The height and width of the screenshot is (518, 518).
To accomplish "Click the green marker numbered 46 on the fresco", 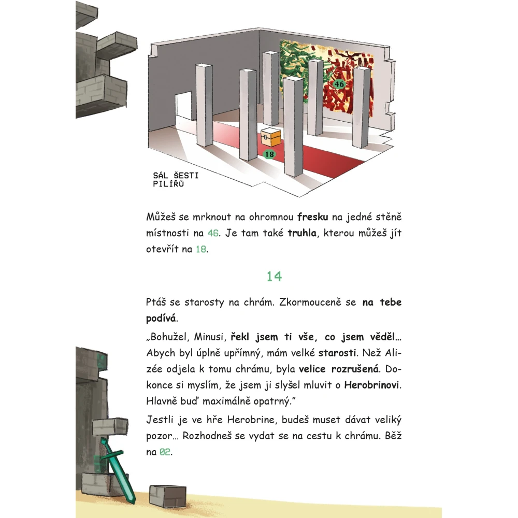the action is pos(339,84).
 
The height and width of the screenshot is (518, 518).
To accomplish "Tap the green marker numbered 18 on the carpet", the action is pos(269,154).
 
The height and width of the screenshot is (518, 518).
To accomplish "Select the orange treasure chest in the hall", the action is pos(271,137).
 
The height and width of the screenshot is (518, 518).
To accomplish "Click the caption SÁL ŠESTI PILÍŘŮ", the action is pos(176,179).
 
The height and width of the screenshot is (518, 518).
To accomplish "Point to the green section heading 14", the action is pos(274,277).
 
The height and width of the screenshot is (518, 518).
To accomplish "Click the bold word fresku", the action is pos(312,217).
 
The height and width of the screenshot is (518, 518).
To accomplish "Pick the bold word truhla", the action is pos(302,233).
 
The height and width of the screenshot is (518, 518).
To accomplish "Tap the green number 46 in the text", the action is pos(213,233).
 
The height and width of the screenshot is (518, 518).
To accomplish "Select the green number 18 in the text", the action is pos(201,249).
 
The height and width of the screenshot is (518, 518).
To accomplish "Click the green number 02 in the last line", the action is pos(165,452).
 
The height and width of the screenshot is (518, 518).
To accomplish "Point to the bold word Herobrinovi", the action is pos(371,385).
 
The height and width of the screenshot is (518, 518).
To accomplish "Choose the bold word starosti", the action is pos(337,353).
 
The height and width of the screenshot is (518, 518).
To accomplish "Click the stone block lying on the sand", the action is pos(167,496).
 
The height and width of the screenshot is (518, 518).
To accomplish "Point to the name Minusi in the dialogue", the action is pos(209,337).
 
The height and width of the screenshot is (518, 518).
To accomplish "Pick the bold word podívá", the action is pos(161,319).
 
